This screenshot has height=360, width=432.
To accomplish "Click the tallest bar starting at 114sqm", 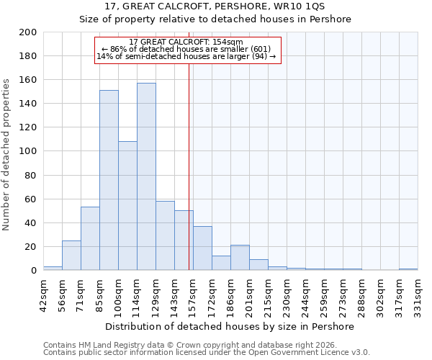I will pyautogui.click(x=146, y=176).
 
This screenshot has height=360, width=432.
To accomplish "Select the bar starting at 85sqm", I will pyautogui.click(x=109, y=180).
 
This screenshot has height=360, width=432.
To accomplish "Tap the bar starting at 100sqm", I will pyautogui.click(x=127, y=205).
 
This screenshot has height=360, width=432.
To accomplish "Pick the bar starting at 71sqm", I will pyautogui.click(x=90, y=238).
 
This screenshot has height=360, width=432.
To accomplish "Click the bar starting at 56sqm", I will pyautogui.click(x=71, y=255).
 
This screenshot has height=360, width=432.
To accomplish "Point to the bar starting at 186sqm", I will pyautogui.click(x=240, y=258).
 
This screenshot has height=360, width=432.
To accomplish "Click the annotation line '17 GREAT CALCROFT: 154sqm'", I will pyautogui.click(x=186, y=42).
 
